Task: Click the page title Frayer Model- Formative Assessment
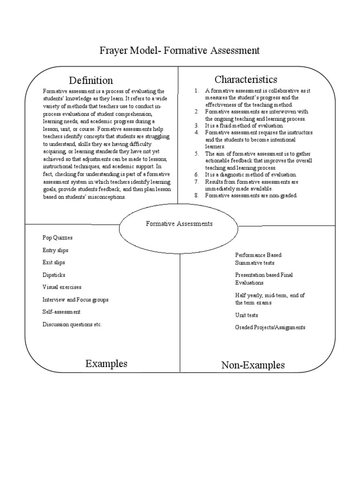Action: pyautogui.click(x=180, y=50)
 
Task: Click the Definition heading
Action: pyautogui.click(x=91, y=80)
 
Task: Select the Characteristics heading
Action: pyautogui.click(x=246, y=79)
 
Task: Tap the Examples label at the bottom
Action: pyautogui.click(x=106, y=364)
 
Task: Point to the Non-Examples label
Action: pyautogui.click(x=253, y=365)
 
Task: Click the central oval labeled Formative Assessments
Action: pyautogui.click(x=179, y=224)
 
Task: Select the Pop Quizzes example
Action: pyautogui.click(x=58, y=238)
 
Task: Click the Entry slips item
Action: pyautogui.click(x=55, y=250)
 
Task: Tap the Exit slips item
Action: pyautogui.click(x=54, y=262)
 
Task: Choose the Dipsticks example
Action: pyautogui.click(x=54, y=275)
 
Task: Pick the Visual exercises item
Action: pyautogui.click(x=62, y=287)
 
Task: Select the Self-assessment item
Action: pyautogui.click(x=61, y=312)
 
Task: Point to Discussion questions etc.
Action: pyautogui.click(x=72, y=324)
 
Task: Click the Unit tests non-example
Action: pyautogui.click(x=247, y=315)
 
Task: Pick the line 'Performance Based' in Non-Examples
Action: pyautogui.click(x=258, y=255)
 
